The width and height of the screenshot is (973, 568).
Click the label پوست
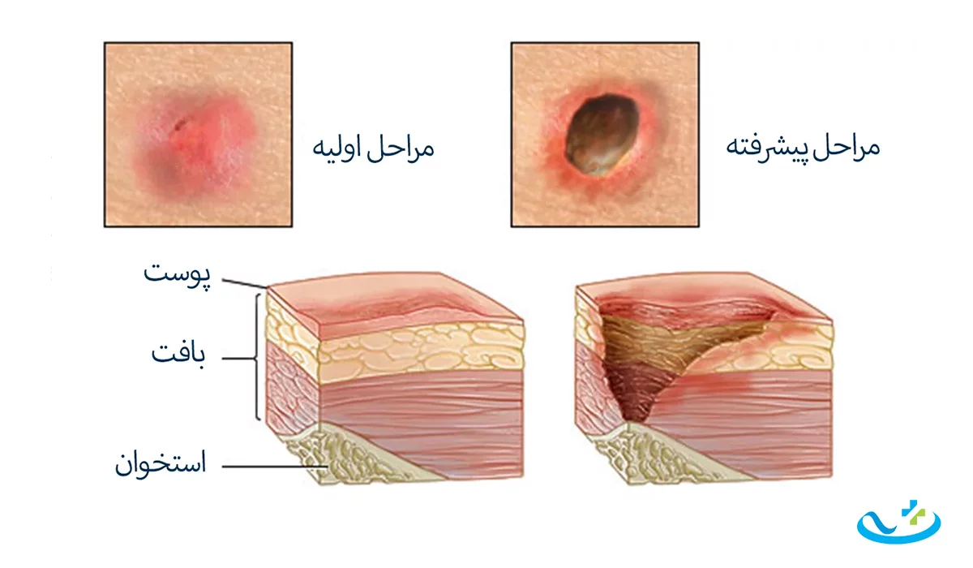click(x=177, y=274)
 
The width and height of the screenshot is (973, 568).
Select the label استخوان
click(x=161, y=463)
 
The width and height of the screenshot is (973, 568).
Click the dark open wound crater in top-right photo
click(x=602, y=135)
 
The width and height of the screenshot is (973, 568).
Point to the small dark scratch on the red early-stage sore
click(x=180, y=126)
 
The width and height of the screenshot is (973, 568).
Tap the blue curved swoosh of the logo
click(x=898, y=529)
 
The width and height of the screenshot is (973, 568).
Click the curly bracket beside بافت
click(x=257, y=357)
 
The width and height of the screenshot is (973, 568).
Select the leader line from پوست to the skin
click(x=245, y=283)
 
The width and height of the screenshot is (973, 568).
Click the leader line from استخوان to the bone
click(x=275, y=467)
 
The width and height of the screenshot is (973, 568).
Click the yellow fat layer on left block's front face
click(x=422, y=353)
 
